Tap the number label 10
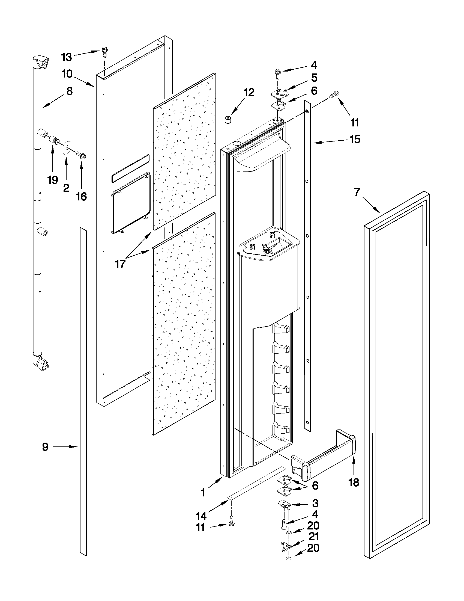tap(67, 74)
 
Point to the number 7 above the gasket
tap(357, 192)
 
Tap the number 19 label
tap(52, 180)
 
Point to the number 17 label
tap(120, 264)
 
